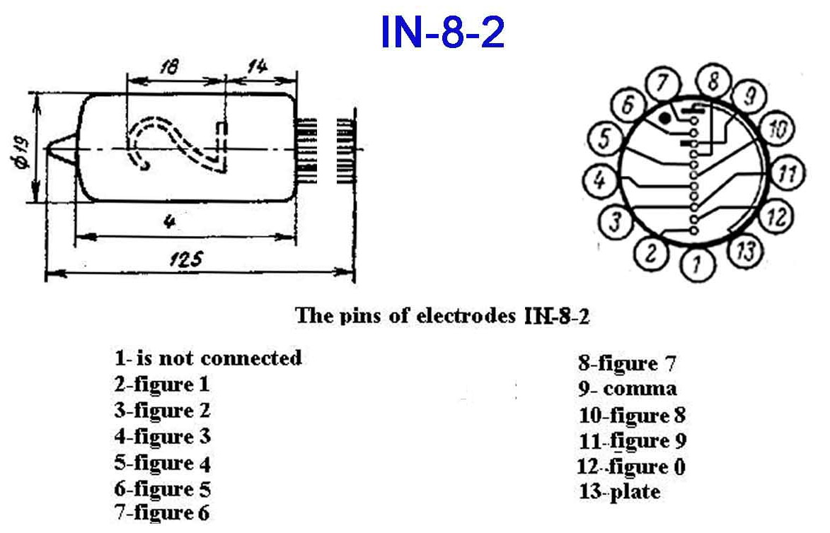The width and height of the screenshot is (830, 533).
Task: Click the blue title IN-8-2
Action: [x=443, y=32]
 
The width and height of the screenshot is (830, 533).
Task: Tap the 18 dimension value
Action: [x=169, y=66]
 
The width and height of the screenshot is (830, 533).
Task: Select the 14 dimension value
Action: [x=255, y=66]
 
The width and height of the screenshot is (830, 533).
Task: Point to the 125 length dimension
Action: [x=185, y=260]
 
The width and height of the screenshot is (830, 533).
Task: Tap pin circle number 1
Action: [x=698, y=264]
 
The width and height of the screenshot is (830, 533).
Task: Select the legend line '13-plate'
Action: [x=620, y=491]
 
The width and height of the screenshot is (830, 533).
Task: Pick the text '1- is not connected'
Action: [x=208, y=358]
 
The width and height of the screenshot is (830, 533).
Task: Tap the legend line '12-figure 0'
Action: [x=632, y=467]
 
